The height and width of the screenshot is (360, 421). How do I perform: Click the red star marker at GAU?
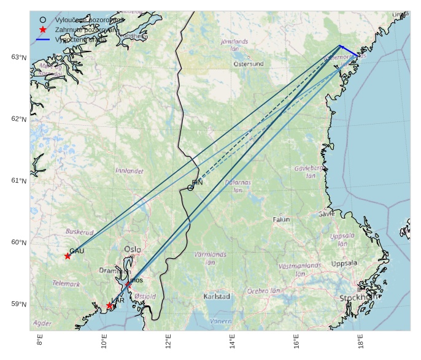(x=68, y=256)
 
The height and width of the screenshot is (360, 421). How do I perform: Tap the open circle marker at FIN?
(x=190, y=187)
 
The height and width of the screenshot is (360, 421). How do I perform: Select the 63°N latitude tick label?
(x=18, y=57)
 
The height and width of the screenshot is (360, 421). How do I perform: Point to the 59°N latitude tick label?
(x=18, y=304)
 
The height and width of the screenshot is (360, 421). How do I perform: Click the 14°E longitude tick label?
(x=232, y=342)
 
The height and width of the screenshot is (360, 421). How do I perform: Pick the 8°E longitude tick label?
(x=40, y=342)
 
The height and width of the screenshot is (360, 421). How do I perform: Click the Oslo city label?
(x=133, y=250)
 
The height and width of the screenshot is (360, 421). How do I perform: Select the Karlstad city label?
(x=217, y=296)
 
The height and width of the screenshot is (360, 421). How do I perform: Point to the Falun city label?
(x=281, y=219)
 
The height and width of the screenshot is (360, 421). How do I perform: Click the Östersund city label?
(x=249, y=63)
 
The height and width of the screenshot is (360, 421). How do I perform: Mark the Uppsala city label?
(x=344, y=264)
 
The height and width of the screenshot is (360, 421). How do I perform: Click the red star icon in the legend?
(x=43, y=29)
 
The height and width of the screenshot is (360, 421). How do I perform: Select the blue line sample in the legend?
(x=43, y=39)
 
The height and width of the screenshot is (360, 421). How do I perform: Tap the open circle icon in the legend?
(x=43, y=20)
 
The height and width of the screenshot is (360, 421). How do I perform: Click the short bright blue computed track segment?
(x=349, y=51)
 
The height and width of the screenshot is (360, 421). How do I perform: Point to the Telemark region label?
(x=66, y=284)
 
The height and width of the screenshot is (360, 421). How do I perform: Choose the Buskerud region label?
(x=80, y=232)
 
